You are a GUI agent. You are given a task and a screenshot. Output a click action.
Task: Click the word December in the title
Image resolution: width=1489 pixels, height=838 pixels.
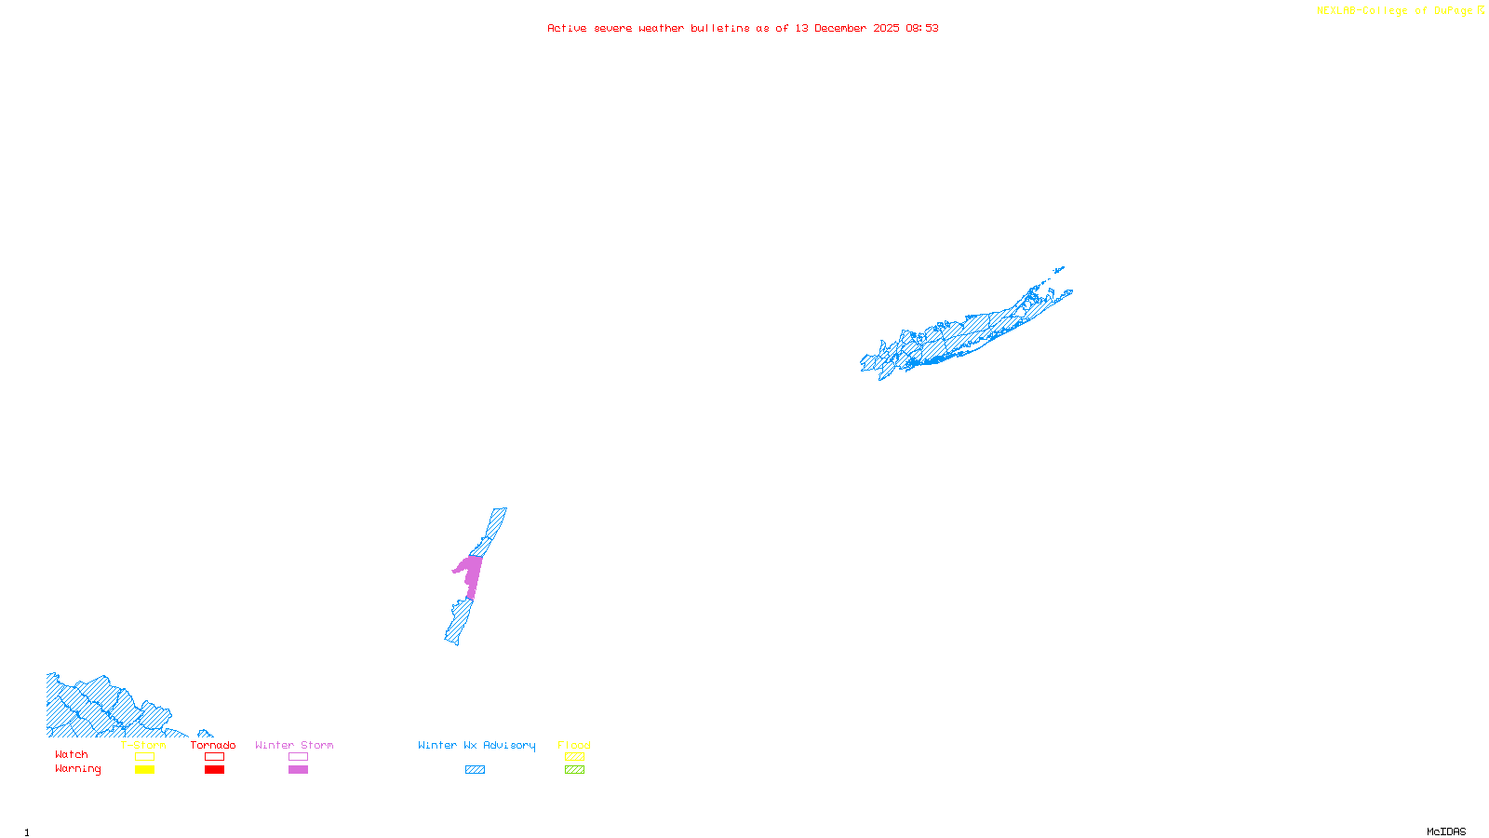tap(839, 28)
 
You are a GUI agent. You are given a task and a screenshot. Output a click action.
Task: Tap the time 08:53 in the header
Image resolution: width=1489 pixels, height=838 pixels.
tap(921, 28)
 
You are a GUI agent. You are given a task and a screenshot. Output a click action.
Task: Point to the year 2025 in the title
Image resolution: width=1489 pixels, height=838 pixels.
tap(886, 28)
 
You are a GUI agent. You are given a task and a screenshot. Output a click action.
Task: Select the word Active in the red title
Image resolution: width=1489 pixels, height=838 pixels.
tap(567, 28)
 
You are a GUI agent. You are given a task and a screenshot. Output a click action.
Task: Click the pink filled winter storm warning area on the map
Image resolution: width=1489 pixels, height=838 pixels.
tap(471, 572)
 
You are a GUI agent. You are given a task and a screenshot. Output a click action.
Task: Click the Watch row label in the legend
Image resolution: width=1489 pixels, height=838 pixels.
tap(72, 755)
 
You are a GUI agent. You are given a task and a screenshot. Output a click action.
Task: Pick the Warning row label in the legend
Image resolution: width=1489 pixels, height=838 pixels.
tap(78, 769)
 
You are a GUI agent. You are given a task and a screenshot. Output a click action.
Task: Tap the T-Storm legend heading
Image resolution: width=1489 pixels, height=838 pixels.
tap(143, 745)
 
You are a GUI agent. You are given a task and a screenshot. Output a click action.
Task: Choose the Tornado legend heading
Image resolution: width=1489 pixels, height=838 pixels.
tap(213, 745)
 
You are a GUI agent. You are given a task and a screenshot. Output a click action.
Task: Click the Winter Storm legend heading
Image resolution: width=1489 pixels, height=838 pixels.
tap(294, 745)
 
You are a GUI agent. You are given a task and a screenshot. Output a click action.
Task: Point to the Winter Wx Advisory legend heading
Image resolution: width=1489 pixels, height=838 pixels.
tap(476, 745)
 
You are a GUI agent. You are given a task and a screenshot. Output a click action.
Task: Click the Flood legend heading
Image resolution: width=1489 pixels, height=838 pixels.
tap(574, 745)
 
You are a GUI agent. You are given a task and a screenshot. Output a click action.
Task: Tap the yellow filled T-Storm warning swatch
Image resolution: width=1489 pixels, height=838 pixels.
tap(144, 770)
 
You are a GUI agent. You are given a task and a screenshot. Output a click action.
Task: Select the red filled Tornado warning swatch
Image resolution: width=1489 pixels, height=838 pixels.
tap(215, 770)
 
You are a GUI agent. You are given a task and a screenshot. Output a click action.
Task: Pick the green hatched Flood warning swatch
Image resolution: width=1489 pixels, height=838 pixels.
tap(575, 770)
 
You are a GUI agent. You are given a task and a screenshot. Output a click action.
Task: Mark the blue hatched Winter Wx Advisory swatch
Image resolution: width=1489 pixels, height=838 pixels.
tap(475, 770)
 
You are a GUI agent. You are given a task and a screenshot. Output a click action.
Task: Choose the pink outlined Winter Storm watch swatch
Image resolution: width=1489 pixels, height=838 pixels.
tap(298, 757)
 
